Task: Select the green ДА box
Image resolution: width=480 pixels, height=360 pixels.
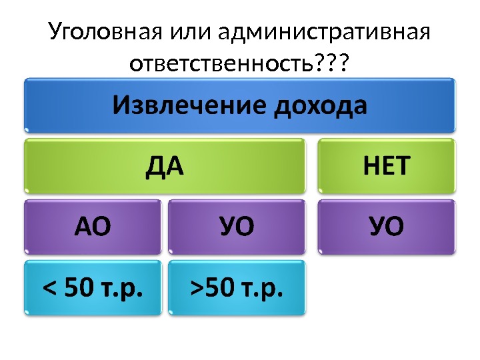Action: tap(164, 166)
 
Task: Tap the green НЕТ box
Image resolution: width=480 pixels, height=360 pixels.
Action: tap(387, 166)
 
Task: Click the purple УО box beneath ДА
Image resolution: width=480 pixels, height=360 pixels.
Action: tap(236, 227)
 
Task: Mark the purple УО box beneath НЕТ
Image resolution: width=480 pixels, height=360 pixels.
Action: tap(387, 227)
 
